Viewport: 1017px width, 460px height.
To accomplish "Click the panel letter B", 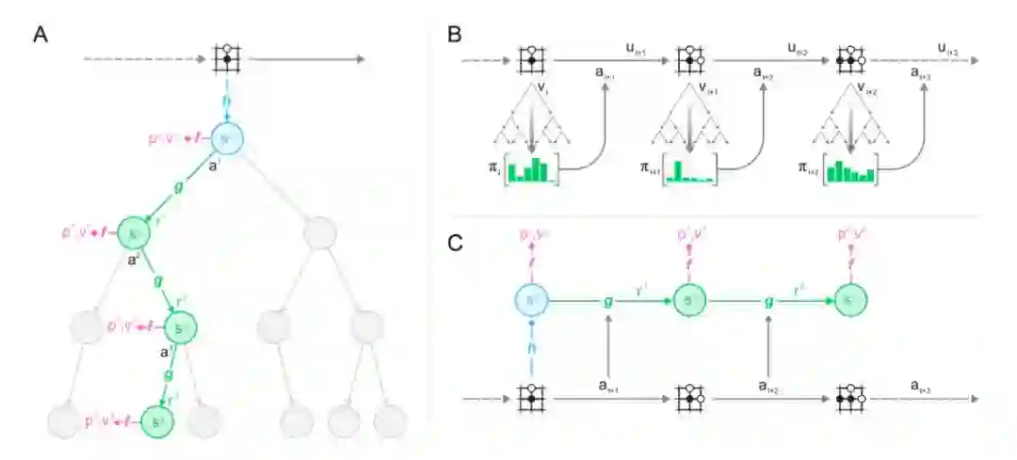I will coord(454,35).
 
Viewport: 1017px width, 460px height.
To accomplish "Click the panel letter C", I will coord(454,243).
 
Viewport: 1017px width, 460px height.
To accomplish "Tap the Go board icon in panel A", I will coord(225,58).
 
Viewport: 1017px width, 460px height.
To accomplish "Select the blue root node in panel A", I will coord(225,139).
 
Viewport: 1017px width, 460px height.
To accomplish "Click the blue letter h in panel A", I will coord(225,102).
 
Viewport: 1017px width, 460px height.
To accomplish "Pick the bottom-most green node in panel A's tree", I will coord(157,420).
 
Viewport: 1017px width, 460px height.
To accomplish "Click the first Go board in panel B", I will coord(532,58).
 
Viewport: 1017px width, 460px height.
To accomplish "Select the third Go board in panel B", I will coord(848,58).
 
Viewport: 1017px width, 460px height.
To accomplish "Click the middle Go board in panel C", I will coord(689,398).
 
